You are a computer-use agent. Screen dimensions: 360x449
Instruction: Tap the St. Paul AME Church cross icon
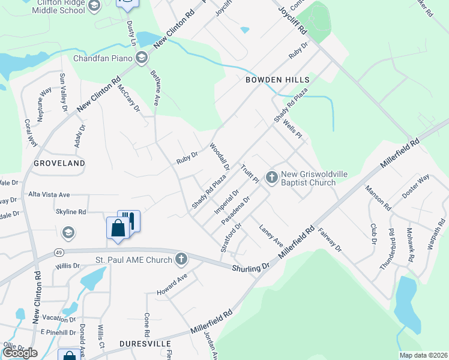tap(181, 260)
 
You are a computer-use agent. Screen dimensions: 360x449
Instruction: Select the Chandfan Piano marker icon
tap(142, 58)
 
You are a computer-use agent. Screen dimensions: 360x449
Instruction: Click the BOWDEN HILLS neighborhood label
tap(277, 80)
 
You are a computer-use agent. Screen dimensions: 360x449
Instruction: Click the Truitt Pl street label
tap(250, 175)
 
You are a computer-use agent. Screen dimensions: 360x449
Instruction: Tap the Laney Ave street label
tap(271, 235)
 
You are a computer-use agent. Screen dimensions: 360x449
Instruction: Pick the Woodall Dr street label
tap(219, 156)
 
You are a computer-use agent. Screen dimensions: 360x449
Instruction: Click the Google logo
tap(20, 353)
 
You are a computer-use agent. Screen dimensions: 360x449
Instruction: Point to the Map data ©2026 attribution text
tap(423, 355)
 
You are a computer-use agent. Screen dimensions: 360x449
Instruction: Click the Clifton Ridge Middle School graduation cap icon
tap(94, 6)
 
